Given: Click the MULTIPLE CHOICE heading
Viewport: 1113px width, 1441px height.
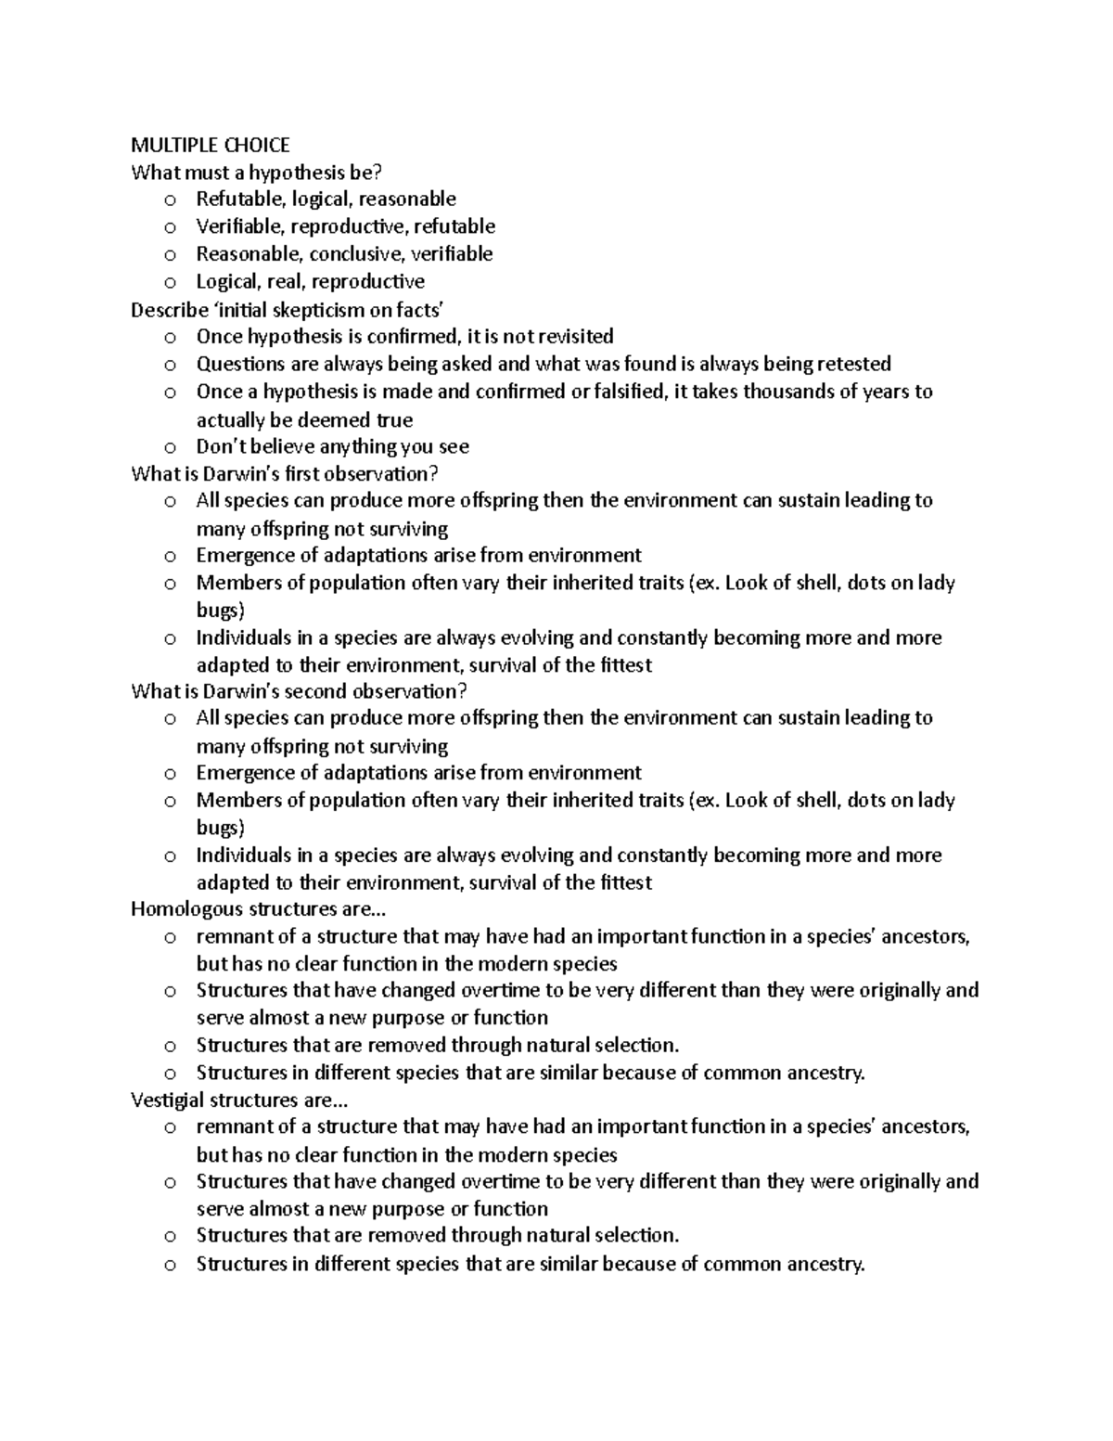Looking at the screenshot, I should (x=211, y=145).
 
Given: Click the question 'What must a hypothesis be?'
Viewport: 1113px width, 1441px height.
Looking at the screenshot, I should (x=257, y=173).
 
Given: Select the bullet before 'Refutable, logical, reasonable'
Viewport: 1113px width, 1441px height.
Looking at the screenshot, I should (x=170, y=200).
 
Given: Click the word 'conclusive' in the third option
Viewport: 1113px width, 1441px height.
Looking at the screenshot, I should (x=355, y=254).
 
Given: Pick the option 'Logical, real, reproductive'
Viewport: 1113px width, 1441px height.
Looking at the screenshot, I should (x=310, y=281).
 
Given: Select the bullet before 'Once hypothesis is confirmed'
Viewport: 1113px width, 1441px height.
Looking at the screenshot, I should (x=170, y=338).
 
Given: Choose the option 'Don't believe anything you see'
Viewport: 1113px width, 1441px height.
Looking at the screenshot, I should (x=332, y=446).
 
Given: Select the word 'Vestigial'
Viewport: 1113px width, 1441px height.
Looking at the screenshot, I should (x=168, y=1100).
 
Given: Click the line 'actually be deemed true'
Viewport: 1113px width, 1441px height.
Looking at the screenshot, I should (x=304, y=419).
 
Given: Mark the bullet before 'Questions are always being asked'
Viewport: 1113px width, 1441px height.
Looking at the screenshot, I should (x=170, y=365).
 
